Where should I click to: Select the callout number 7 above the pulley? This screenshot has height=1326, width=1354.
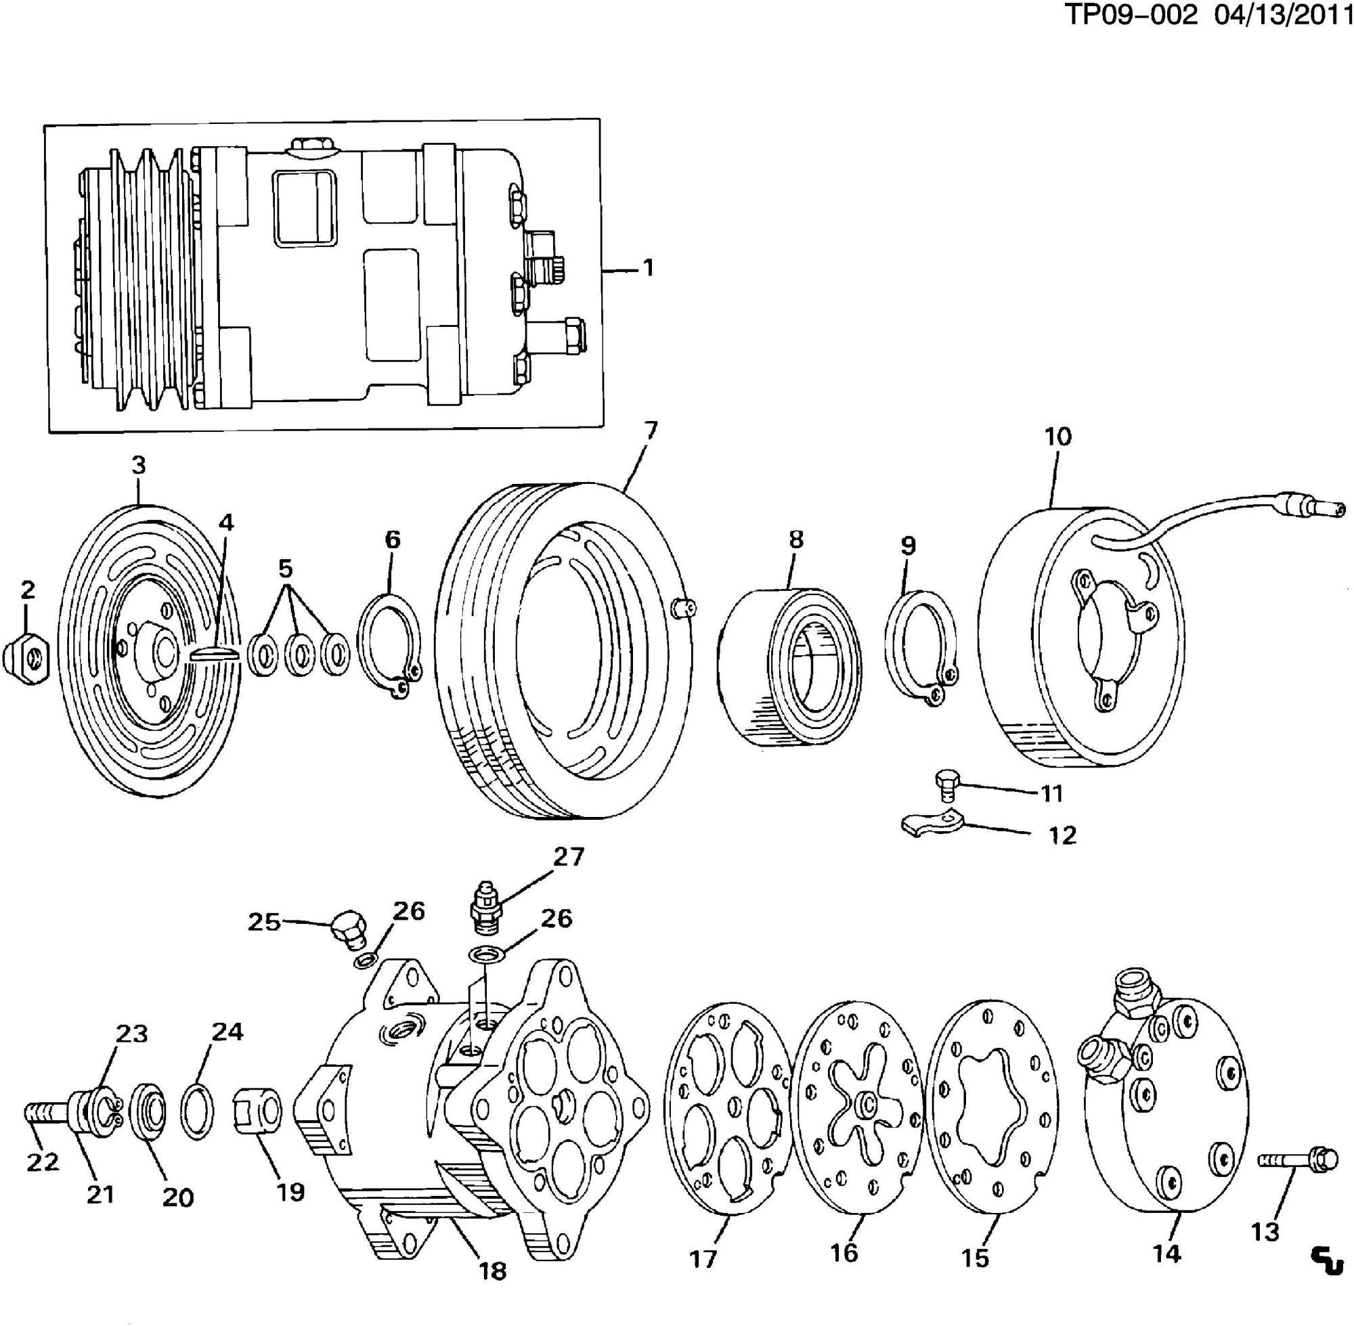point(650,431)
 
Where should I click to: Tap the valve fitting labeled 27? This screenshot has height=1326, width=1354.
point(485,908)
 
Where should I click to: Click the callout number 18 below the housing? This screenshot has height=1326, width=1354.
point(492,1271)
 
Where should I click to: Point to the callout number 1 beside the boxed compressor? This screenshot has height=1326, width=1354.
point(648,267)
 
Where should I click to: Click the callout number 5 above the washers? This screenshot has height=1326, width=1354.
point(286,569)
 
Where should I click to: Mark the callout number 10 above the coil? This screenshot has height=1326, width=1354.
point(1058,437)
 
